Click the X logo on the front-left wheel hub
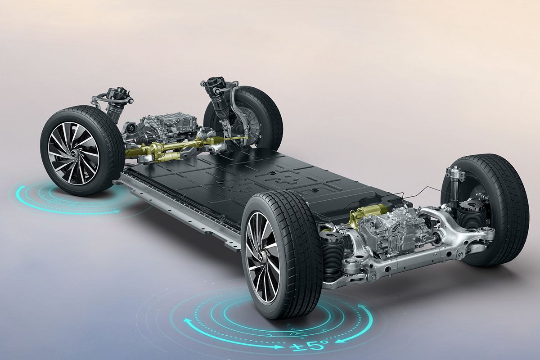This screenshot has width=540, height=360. click(x=72, y=153)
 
